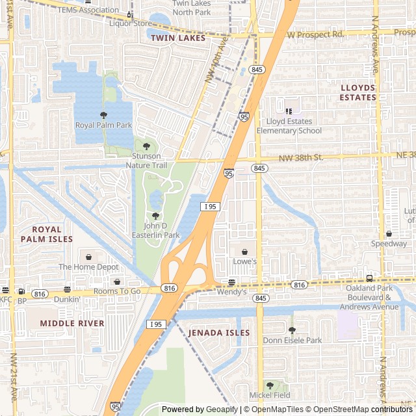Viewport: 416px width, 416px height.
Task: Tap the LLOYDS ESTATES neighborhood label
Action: [357, 92]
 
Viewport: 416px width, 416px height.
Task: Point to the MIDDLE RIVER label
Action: [71, 323]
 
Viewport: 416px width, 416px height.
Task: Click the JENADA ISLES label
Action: [218, 333]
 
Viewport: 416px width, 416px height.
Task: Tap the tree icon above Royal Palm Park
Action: [103, 115]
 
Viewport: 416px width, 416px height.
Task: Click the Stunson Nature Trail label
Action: [149, 161]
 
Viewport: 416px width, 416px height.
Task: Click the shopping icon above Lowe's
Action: [245, 252]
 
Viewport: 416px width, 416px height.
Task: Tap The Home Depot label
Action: [88, 266]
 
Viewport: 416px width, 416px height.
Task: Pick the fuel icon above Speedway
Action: [389, 234]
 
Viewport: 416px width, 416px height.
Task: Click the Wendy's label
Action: [231, 292]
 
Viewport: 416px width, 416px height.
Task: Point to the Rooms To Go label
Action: [117, 291]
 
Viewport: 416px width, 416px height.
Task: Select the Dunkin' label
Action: [67, 299]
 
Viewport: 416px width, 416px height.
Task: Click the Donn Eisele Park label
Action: [292, 340]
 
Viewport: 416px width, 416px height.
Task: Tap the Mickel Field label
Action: [269, 395]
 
